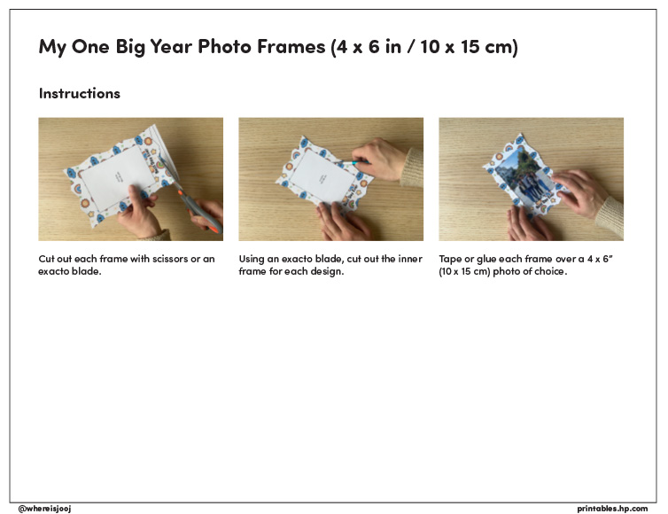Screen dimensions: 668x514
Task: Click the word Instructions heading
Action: [x=79, y=93]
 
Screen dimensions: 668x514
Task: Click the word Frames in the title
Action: [x=291, y=46]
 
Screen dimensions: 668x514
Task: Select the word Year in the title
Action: [x=171, y=46]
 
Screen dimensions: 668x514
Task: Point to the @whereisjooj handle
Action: [x=44, y=509]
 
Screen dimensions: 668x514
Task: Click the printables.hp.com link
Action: [x=612, y=509]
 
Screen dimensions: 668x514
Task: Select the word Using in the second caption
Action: [x=252, y=259]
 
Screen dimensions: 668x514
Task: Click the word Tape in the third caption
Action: [x=450, y=259]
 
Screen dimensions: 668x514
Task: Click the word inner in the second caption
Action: [x=410, y=259]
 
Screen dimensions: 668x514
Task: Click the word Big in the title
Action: [x=130, y=47]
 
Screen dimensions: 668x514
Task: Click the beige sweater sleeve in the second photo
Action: [x=412, y=167]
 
